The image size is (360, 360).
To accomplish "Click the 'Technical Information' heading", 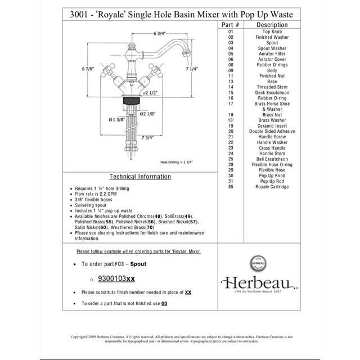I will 139,177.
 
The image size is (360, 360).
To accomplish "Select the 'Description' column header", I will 272,25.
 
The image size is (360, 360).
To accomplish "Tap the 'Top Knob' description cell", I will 272,32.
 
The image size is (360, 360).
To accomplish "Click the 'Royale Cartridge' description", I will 272,187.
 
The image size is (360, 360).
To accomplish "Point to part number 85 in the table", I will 231,187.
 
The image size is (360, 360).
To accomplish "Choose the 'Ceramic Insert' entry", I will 272,126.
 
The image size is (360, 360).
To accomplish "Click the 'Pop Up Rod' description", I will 272,181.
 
